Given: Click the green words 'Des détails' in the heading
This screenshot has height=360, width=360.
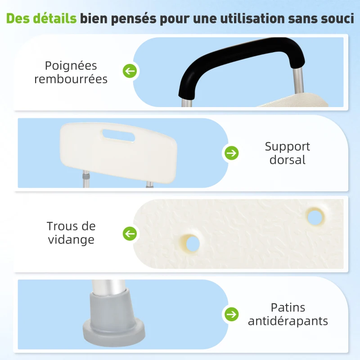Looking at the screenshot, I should coord(42,19).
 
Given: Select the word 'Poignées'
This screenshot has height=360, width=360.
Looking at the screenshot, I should coord(71,65).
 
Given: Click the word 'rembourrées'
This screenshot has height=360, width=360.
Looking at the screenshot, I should coord(71,79).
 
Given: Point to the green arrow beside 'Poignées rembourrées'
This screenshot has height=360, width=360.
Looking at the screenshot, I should coord(130,71).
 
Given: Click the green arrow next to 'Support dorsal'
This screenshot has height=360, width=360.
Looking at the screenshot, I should coord(231,153).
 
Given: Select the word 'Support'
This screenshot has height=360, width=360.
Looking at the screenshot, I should coord(287,146).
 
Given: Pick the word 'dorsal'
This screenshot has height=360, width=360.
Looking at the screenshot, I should coord(287,160).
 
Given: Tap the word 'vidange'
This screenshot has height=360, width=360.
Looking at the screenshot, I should coord(71,239).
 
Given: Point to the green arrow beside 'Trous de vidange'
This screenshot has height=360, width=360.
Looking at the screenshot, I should coord(130,234).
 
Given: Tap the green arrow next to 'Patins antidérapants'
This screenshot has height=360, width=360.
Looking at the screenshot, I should coord(231,314).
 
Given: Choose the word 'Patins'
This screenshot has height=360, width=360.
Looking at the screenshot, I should coord(288,307).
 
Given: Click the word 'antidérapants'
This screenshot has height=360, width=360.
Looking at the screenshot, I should coord(288,321).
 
